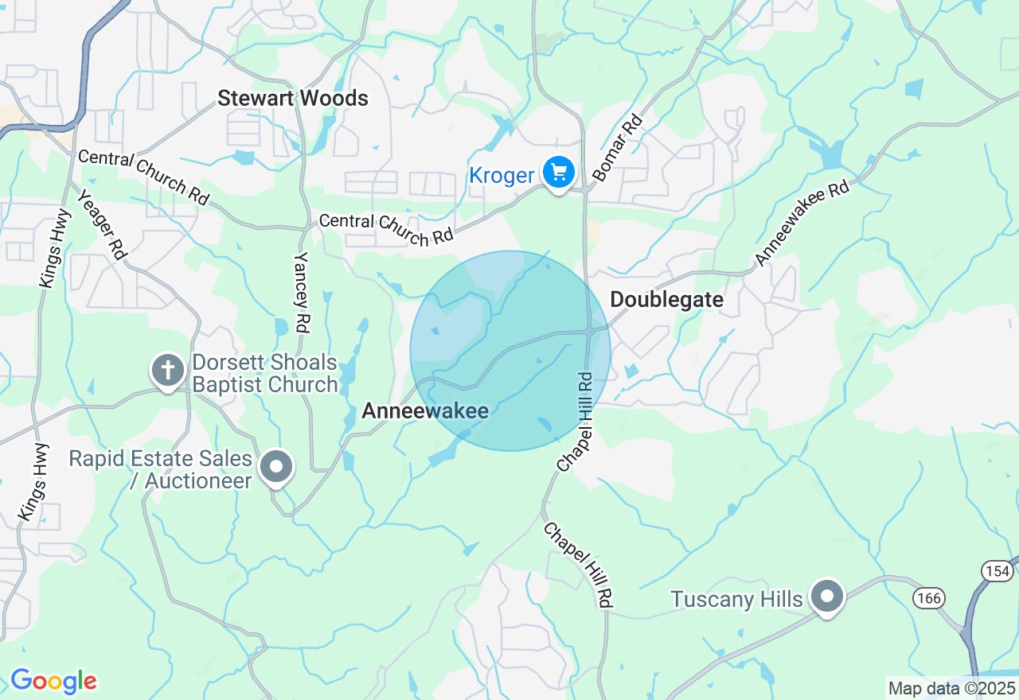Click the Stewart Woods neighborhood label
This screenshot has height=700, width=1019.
(293, 99)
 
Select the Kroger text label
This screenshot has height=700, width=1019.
(502, 175)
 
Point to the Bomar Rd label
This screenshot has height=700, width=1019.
(617, 148)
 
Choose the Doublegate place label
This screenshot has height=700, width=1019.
(667, 300)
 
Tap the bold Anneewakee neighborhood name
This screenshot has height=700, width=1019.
(424, 410)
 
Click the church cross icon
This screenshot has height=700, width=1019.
(167, 371)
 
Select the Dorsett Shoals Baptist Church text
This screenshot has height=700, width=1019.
(266, 374)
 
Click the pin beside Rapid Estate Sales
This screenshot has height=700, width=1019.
(276, 467)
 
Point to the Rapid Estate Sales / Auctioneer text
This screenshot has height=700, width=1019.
(160, 469)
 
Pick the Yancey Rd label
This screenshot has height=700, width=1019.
(303, 292)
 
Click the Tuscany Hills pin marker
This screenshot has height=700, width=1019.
(827, 596)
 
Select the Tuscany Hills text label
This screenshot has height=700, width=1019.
(736, 599)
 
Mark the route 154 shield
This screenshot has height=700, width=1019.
(997, 570)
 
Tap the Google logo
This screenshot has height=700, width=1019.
(53, 681)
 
